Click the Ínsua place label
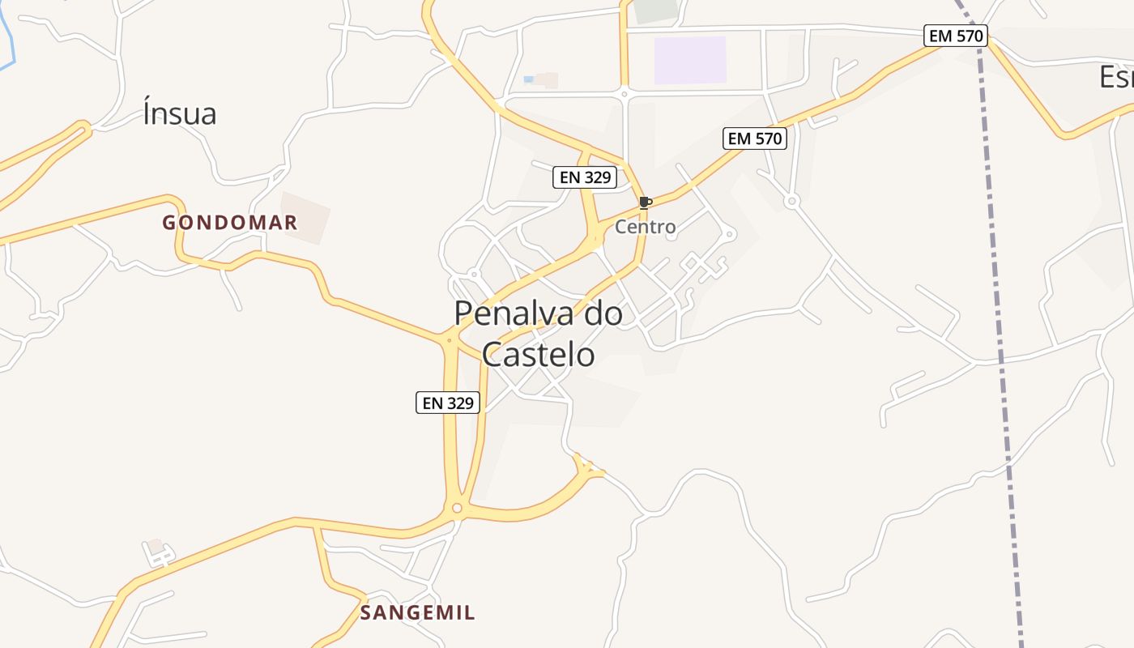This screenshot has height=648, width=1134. tap(180, 113)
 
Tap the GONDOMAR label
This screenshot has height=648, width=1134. tap(230, 223)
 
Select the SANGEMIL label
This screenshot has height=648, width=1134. tap(417, 612)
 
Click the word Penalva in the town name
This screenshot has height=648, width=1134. tap(518, 313)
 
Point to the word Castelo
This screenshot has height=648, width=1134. tap(538, 354)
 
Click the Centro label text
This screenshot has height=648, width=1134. tap(645, 227)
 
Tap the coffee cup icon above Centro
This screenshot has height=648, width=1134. tap(645, 202)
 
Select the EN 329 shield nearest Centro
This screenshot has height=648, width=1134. tap(585, 177)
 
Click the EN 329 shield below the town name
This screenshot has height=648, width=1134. tap(448, 403)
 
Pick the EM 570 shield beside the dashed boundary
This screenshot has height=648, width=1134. tap(956, 36)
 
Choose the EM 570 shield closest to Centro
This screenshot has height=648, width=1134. tap(755, 139)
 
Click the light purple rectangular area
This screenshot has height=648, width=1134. tap(690, 60)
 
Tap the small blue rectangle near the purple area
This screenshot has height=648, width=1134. tap(529, 79)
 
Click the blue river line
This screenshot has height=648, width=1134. tap(8, 40)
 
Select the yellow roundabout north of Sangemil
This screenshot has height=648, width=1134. tap(457, 508)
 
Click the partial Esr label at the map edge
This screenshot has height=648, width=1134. tap(1116, 77)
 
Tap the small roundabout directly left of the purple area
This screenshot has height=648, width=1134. tap(625, 94)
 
